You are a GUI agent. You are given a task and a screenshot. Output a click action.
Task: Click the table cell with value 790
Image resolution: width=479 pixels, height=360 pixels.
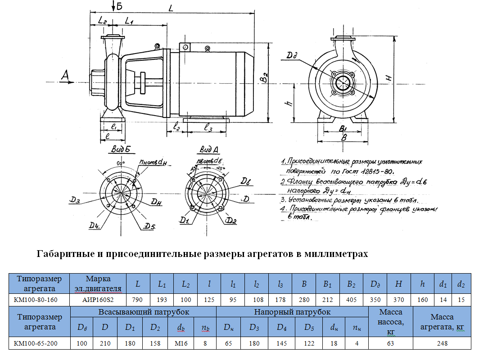tap(138, 299)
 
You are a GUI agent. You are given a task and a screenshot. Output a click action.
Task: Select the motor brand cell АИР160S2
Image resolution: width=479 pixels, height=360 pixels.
tap(98, 299)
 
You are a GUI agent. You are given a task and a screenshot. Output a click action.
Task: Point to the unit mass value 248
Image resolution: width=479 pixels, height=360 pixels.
tap(442, 343)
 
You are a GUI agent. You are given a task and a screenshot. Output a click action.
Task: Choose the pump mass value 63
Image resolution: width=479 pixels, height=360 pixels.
tap(390, 343)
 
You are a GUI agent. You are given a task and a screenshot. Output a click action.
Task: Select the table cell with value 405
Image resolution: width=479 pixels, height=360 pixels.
tap(352, 299)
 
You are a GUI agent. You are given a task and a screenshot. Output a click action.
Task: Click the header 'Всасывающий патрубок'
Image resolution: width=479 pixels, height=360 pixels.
tap(144, 312)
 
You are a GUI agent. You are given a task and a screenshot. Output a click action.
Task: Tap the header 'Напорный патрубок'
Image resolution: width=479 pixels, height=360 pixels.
tap(292, 312)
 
